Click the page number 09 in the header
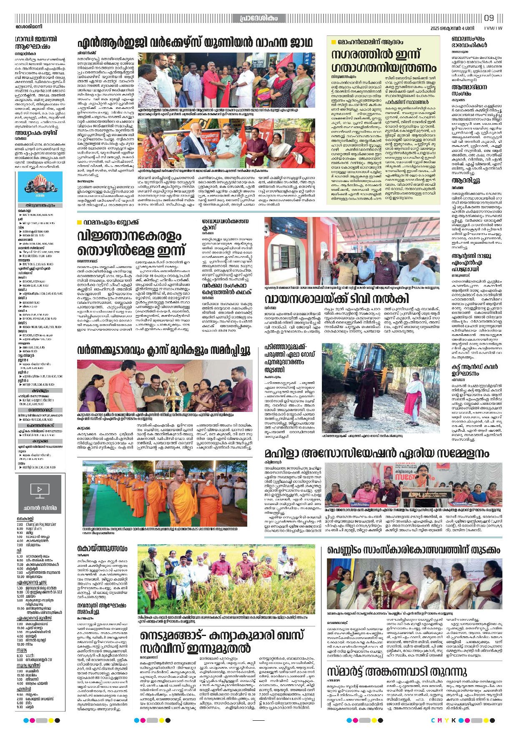tap(489, 18)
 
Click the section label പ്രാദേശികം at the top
tap(258, 18)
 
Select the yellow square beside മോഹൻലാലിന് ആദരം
tap(333, 42)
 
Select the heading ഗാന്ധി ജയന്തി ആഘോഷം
tap(36, 43)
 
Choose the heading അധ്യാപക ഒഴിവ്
tap(36, 133)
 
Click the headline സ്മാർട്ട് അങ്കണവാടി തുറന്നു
tap(397, 671)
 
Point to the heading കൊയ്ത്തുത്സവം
tap(102, 548)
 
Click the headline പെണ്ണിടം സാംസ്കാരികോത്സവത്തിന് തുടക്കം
tap(414, 550)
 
